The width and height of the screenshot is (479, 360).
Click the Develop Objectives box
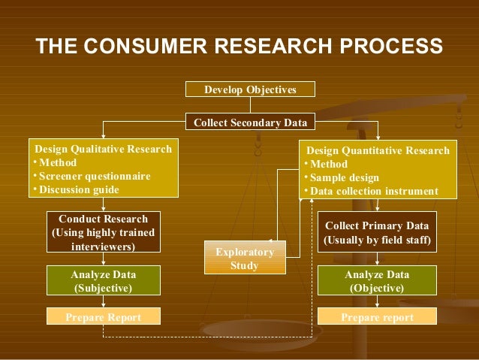[x=251, y=90]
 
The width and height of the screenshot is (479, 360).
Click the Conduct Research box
[x=103, y=232]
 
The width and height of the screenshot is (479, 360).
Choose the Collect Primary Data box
[x=376, y=233]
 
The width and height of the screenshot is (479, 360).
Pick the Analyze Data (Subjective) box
[x=103, y=280]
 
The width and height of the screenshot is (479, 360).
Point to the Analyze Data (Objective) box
[x=376, y=280]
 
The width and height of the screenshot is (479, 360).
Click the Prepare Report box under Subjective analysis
[x=103, y=318]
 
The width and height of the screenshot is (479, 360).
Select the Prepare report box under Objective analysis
[x=376, y=318]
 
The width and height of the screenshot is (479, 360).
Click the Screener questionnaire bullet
[x=94, y=177]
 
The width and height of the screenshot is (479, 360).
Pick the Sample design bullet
[x=345, y=178]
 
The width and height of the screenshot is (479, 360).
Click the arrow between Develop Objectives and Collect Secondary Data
[x=251, y=106]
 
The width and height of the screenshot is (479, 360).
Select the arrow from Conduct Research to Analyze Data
[x=103, y=259]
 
